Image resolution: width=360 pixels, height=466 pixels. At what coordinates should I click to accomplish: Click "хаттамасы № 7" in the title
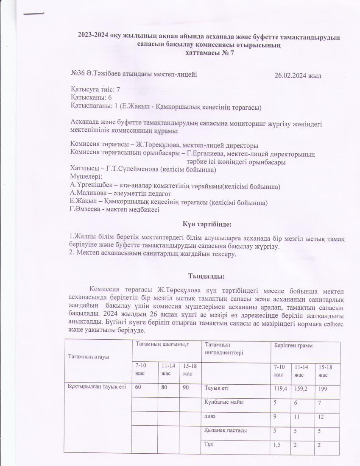(210, 53)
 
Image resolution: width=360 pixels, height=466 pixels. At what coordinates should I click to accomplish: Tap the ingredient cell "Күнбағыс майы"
(224, 402)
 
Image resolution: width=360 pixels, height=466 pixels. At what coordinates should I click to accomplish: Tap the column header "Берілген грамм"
(293, 346)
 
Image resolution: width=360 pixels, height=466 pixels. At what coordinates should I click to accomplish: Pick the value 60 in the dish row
(138, 387)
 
